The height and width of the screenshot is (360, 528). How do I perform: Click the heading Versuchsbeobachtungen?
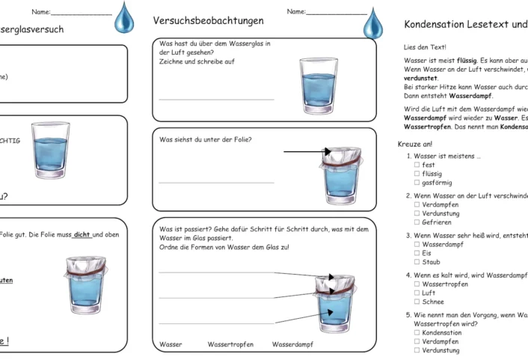[208, 20]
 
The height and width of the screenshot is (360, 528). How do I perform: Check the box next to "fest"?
[417, 165]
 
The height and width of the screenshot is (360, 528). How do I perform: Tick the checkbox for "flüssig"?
[417, 174]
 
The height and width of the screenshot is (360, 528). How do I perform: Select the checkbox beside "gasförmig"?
[417, 183]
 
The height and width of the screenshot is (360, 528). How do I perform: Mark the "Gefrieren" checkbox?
[417, 222]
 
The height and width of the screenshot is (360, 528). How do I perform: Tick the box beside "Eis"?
[417, 253]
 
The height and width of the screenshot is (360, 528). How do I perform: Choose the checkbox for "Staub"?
[417, 262]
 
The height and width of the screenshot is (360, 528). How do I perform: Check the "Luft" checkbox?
[417, 293]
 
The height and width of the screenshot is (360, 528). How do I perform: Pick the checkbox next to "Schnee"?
[417, 302]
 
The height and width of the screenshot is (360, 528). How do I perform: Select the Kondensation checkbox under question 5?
[417, 332]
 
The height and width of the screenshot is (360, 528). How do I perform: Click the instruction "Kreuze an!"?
[415, 144]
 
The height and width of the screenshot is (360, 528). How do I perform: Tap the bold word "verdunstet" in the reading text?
[420, 77]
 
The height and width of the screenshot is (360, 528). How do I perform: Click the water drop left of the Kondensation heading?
[373, 23]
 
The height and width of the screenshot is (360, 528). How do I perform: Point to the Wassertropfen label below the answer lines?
[230, 345]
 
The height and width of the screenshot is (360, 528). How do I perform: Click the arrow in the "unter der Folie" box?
[307, 151]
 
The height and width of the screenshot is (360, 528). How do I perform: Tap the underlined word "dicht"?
[82, 234]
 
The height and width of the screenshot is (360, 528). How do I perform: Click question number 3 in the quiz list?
[408, 235]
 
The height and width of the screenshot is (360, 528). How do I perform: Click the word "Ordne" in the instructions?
[168, 247]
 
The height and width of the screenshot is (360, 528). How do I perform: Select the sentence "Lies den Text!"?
[425, 47]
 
